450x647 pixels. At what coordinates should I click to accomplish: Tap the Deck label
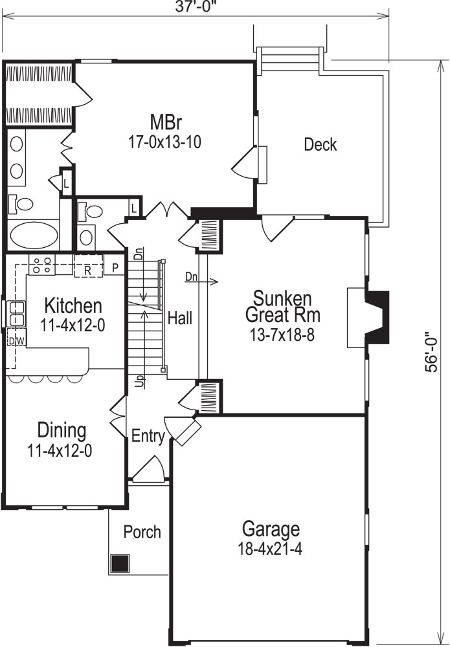(x=321, y=144)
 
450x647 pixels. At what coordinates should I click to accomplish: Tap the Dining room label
(x=62, y=430)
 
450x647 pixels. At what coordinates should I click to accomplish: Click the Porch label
(x=142, y=532)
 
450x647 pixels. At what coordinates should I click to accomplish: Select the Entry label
(x=148, y=437)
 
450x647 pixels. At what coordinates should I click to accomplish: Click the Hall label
(x=179, y=318)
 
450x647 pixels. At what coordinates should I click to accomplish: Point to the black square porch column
(x=119, y=563)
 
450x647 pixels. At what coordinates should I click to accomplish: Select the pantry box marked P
(x=115, y=268)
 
